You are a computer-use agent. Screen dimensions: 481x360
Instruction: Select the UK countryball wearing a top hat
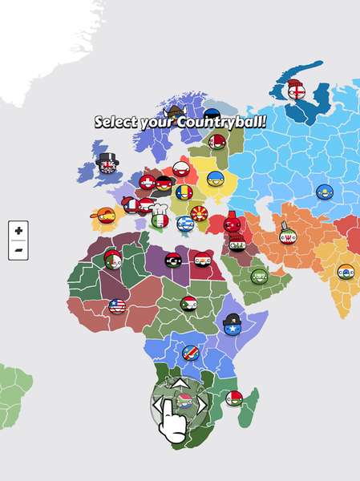coord(107,165)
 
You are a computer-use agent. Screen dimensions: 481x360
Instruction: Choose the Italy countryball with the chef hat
coord(160,218)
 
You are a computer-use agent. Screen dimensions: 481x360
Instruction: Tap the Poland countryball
coord(181,169)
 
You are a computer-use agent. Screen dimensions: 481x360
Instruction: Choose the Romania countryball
coord(185,193)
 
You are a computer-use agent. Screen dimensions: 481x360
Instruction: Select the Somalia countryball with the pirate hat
coord(233,324)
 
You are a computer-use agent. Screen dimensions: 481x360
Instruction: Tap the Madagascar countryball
coord(234,398)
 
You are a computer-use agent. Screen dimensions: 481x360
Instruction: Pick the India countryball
coord(346,271)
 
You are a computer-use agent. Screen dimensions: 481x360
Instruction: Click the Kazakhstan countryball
coord(326,192)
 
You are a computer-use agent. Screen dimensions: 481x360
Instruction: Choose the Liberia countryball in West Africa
coord(117,306)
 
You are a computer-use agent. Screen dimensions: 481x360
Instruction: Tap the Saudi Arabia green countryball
coord(258,277)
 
